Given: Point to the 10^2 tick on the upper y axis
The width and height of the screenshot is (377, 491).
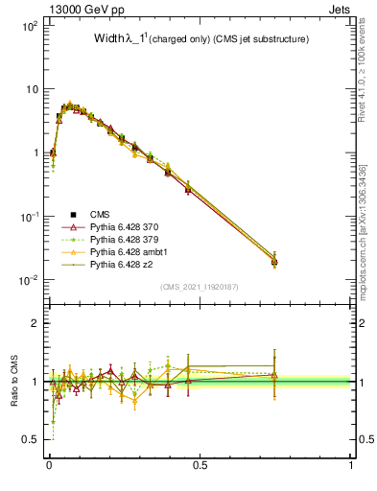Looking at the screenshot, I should pyautogui.click(x=30, y=26).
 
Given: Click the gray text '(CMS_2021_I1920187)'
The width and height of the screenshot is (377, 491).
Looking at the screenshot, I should pyautogui.click(x=199, y=286).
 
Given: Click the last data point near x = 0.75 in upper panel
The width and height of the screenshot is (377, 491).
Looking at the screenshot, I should pyautogui.click(x=274, y=260).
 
